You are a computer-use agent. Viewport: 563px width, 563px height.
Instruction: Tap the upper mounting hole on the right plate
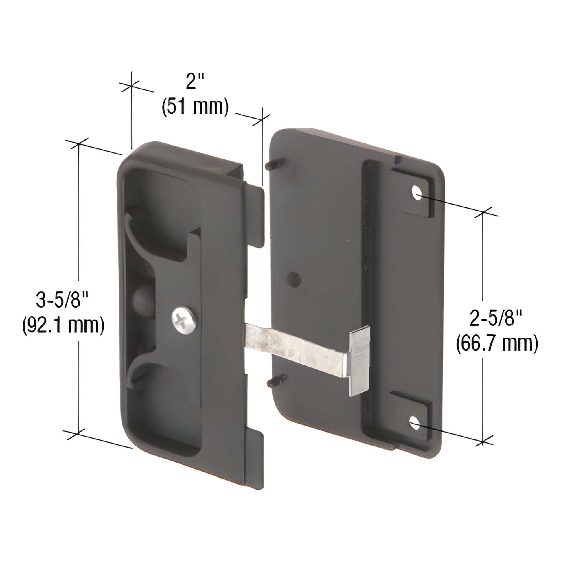click(417, 193)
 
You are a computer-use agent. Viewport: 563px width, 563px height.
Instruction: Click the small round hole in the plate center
click(294, 279)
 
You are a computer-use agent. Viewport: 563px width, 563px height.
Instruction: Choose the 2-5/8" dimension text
click(496, 319)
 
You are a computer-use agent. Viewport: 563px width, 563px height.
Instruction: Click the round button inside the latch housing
click(142, 301)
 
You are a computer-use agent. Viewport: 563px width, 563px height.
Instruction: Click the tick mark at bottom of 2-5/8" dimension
click(483, 442)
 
